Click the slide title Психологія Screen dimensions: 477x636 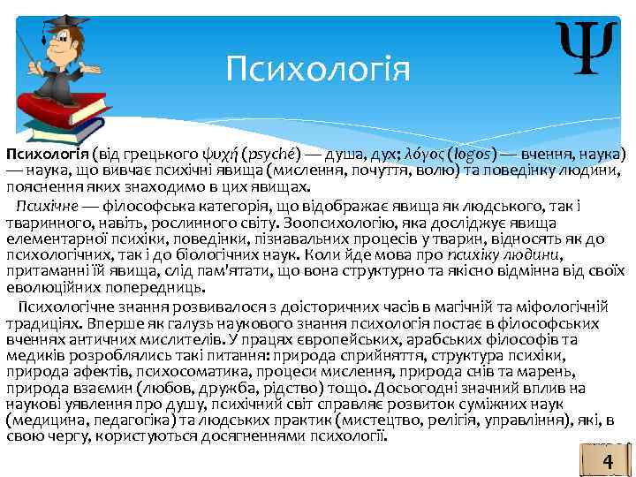[317, 67]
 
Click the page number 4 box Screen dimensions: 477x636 [607, 462]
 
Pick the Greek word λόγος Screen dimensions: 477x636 [431, 152]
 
